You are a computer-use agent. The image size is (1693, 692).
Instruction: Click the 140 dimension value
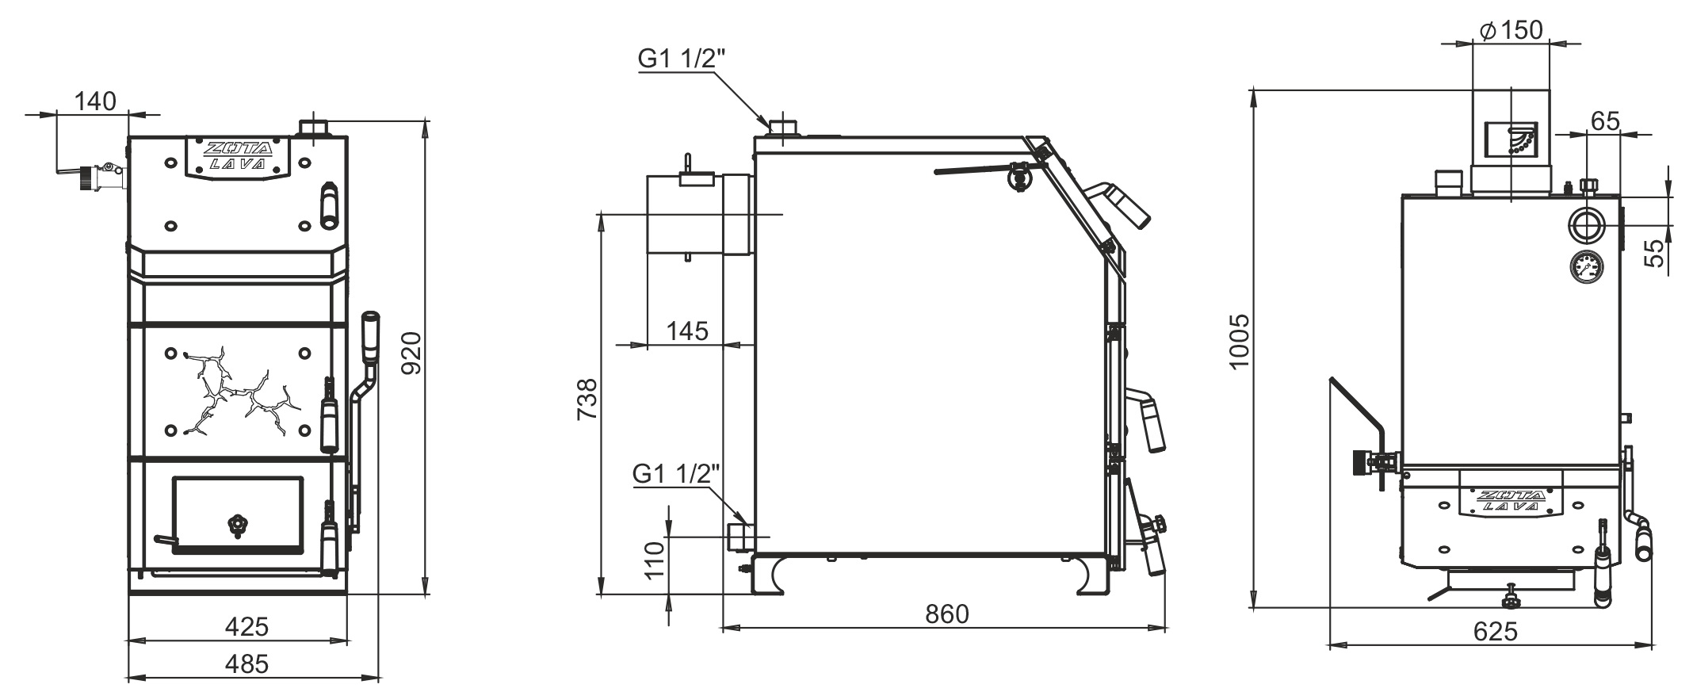point(95,101)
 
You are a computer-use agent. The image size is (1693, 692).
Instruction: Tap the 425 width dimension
point(246,627)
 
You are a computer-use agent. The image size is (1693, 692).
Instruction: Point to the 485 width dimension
point(246,663)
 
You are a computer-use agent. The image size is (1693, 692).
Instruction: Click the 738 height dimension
point(587,400)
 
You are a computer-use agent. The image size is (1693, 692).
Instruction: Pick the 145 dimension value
point(687,331)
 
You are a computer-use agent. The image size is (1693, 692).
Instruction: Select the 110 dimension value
point(655,561)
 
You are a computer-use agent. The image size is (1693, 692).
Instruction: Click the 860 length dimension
point(947,614)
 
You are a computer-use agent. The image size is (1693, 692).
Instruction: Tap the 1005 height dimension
point(1239,341)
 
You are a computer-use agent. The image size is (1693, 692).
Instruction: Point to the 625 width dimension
point(1495,631)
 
